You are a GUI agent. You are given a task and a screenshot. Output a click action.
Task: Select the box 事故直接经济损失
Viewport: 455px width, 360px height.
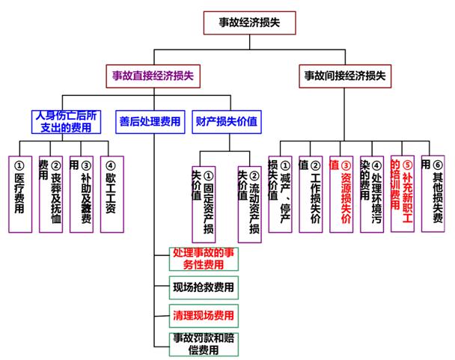click(x=154, y=76)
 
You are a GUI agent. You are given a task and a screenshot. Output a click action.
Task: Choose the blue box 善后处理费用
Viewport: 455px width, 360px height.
click(x=150, y=122)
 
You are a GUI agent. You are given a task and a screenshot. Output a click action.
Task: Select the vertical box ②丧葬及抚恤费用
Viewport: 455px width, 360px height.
click(x=50, y=193)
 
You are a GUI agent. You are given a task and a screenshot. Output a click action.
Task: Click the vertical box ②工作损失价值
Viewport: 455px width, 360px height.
click(x=310, y=193)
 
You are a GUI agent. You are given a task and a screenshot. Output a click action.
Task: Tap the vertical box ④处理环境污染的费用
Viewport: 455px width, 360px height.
click(x=371, y=193)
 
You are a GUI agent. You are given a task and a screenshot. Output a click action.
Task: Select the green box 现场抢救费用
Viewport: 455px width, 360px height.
click(x=202, y=287)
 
